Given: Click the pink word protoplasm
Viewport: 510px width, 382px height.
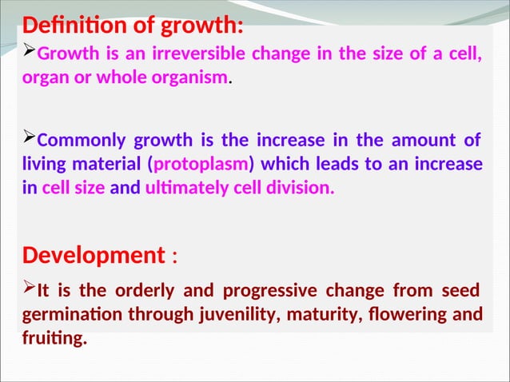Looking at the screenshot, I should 202,165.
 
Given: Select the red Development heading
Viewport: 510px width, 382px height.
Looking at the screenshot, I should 94,256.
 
